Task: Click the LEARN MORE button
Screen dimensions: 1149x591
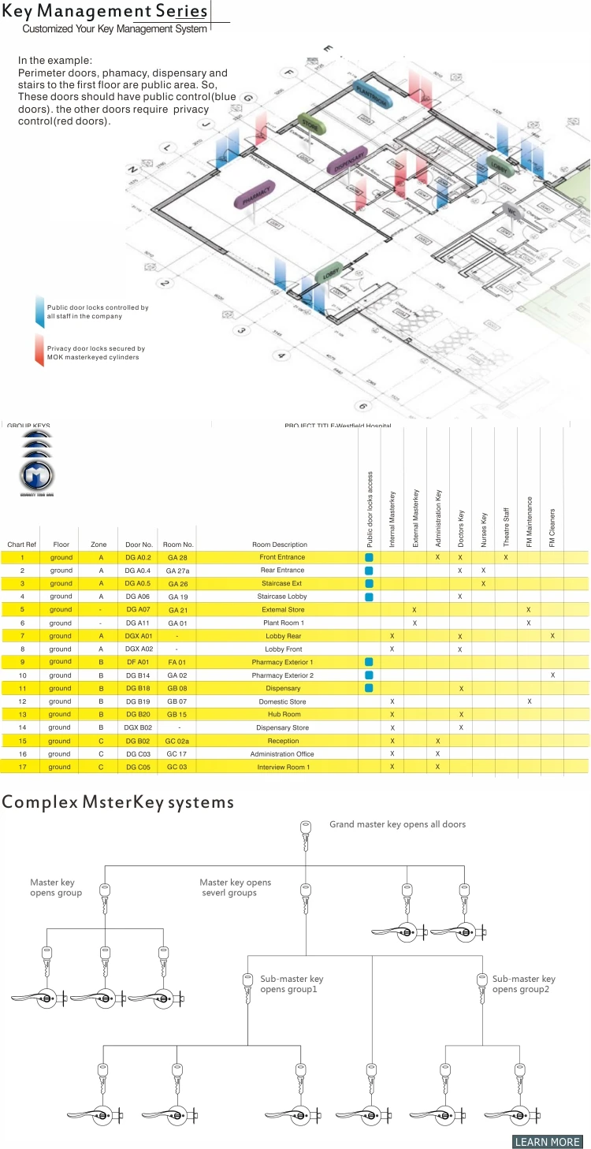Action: pyautogui.click(x=548, y=1142)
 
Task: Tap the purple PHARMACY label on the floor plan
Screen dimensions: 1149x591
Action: pyautogui.click(x=255, y=195)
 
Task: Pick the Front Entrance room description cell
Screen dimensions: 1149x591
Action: pyautogui.click(x=281, y=557)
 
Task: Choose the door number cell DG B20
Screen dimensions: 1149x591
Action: pyautogui.click(x=138, y=714)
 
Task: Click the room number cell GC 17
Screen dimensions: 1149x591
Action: pyautogui.click(x=177, y=753)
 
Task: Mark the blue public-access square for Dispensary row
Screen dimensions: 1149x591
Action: pyautogui.click(x=369, y=688)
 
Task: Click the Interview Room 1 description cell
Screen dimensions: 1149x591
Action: pyautogui.click(x=283, y=767)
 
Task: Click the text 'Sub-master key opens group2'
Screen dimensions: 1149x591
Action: pyautogui.click(x=523, y=984)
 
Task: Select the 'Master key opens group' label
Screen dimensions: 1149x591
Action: pyautogui.click(x=55, y=887)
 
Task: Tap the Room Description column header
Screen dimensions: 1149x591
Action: pyautogui.click(x=280, y=545)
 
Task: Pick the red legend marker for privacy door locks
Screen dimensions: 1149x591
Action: pyautogui.click(x=39, y=351)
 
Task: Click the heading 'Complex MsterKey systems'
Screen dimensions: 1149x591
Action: pyautogui.click(x=118, y=802)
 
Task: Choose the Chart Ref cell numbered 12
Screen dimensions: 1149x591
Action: pyautogui.click(x=22, y=701)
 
